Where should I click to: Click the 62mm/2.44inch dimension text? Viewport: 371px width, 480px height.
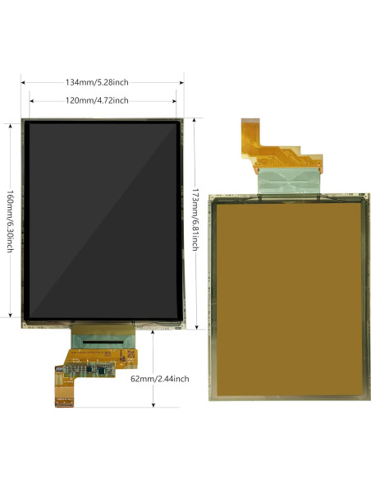coord(160,379)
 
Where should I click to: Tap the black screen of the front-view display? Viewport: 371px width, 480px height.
coord(103,220)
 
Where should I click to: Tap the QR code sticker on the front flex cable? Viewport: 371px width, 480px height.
coord(129,354)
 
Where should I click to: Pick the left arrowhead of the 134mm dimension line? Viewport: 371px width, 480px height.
coord(24,82)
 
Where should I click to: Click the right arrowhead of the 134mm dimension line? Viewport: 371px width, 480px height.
coord(182,82)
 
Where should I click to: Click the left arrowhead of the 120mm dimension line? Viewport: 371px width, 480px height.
coord(31,100)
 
